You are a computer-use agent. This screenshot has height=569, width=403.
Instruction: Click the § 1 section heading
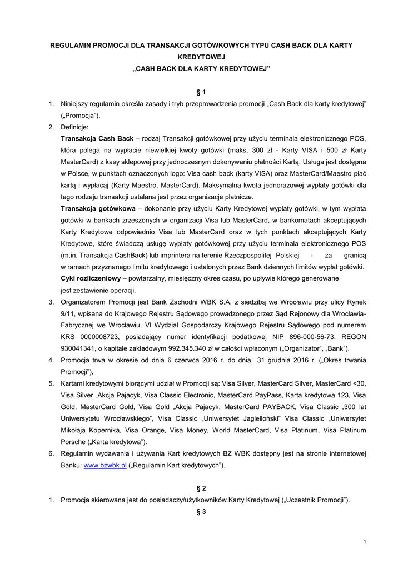[x=201, y=91]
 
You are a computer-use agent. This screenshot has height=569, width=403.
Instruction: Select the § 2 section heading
[x=201, y=488]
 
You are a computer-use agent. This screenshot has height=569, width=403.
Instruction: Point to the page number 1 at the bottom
[x=364, y=542]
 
